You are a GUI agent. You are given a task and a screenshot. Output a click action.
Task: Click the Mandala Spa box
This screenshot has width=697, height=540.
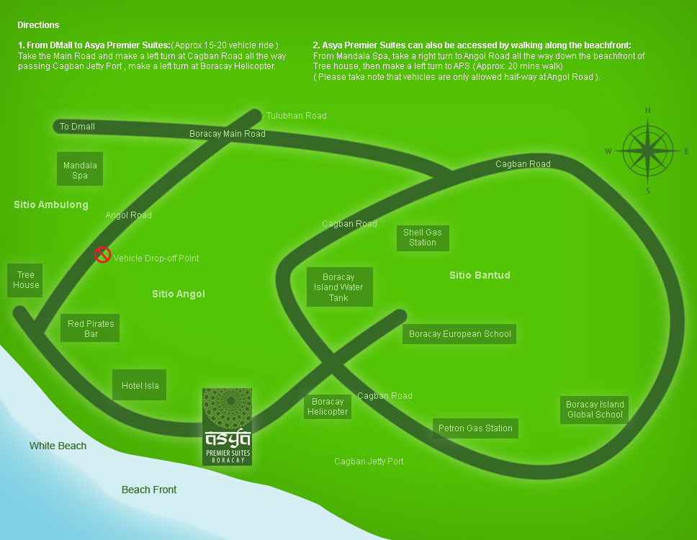click(x=80, y=170)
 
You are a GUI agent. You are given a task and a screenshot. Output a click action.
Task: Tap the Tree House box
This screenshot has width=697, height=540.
click(x=26, y=280)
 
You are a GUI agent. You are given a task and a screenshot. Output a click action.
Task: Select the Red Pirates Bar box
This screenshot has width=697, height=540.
click(x=91, y=329)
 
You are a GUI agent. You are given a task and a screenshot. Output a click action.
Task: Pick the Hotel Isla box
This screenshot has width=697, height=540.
click(x=140, y=386)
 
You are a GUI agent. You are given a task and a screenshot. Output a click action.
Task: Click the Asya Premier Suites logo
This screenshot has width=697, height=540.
click(x=228, y=427)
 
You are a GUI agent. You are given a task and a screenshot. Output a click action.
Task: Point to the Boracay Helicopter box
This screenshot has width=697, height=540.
click(x=328, y=407)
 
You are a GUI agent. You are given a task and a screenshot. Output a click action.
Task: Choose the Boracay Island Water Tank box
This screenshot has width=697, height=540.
click(x=339, y=287)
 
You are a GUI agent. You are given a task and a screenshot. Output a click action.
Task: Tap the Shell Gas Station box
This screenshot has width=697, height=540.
click(x=423, y=238)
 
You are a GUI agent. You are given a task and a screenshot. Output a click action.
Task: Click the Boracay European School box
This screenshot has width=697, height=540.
click(x=459, y=334)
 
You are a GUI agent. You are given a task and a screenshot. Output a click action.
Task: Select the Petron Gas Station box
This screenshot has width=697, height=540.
click(x=475, y=428)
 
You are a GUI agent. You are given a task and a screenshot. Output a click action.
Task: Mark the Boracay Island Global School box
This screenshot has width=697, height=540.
click(x=595, y=409)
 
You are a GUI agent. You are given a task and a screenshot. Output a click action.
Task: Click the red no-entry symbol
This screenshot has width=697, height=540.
click(x=103, y=254)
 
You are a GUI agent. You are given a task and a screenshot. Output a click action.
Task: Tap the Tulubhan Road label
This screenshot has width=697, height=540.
click(x=296, y=115)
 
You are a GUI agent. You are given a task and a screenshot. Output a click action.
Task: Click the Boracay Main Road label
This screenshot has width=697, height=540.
click(x=227, y=134)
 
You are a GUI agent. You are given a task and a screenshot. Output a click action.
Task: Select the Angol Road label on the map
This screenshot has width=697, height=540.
click(x=129, y=215)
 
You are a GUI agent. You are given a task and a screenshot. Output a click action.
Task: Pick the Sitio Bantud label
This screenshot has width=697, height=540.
click(x=480, y=275)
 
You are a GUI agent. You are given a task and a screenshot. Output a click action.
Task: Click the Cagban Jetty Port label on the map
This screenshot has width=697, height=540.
click(x=369, y=462)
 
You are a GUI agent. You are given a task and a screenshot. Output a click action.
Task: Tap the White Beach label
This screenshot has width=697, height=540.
click(x=58, y=446)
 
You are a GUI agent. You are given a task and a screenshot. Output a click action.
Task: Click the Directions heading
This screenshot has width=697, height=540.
click(x=38, y=25)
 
